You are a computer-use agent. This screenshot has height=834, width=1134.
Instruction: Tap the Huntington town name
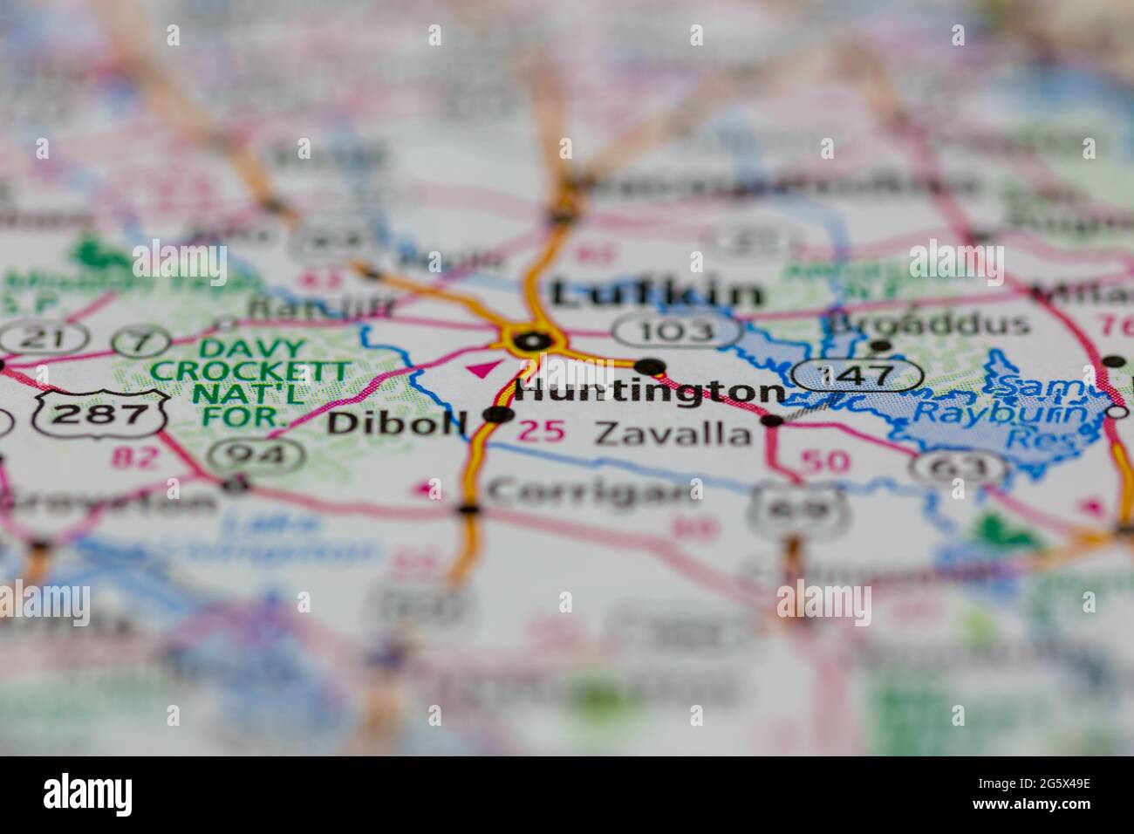pyautogui.click(x=650, y=391)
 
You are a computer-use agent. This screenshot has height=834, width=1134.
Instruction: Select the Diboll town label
pyautogui.click(x=397, y=424)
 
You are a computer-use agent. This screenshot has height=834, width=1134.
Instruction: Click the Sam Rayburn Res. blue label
pyautogui.click(x=1043, y=414)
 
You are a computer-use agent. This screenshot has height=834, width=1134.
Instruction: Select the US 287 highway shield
pyautogui.click(x=101, y=414)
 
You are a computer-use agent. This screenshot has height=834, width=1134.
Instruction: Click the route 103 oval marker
pyautogui.click(x=677, y=331)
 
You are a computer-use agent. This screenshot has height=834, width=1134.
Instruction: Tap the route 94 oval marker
pyautogui.click(x=261, y=454)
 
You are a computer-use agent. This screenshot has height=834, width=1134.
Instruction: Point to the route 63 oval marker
pyautogui.click(x=959, y=468)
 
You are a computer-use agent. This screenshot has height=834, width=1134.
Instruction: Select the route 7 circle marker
pyautogui.click(x=140, y=338)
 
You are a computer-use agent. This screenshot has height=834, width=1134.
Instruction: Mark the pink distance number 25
pyautogui.click(x=541, y=431)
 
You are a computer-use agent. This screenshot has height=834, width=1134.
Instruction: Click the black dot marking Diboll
pyautogui.click(x=498, y=414)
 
